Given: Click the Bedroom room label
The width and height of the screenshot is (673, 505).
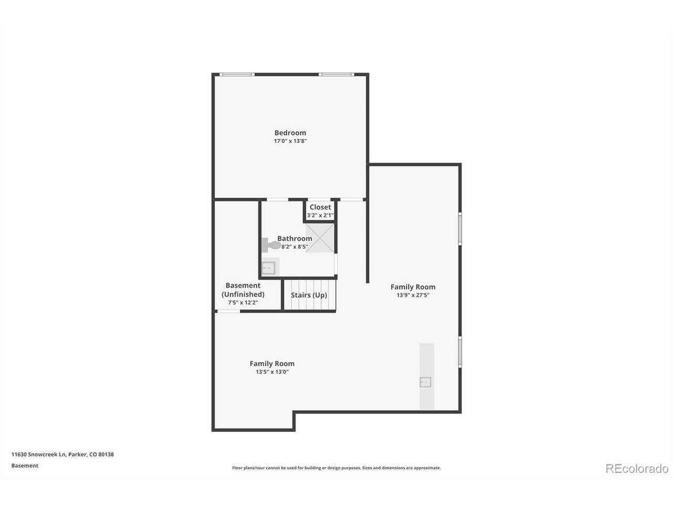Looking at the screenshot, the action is [290, 133].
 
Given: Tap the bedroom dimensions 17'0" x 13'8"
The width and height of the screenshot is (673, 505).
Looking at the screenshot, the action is [290, 141].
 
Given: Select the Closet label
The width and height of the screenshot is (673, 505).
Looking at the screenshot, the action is [320, 207].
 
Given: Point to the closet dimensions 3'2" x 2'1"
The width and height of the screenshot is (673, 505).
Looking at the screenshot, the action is [320, 215].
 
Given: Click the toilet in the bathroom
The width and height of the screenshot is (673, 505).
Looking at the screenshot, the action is [271, 245].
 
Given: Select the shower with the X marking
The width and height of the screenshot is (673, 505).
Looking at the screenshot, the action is [320, 238].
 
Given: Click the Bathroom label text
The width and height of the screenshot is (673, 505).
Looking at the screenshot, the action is [294, 238].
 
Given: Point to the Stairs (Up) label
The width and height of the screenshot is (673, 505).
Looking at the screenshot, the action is [309, 295].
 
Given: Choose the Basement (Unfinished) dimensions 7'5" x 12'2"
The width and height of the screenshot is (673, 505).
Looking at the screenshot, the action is [243, 302].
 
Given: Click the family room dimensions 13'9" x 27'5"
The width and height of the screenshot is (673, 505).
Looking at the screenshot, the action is [413, 295].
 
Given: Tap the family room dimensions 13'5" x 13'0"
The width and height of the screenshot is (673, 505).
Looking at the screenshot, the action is [272, 371].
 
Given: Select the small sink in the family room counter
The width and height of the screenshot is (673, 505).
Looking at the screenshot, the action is [425, 382].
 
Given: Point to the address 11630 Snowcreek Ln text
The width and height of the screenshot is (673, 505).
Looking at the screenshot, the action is [38, 454].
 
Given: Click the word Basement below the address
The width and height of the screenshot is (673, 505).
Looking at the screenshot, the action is [25, 466].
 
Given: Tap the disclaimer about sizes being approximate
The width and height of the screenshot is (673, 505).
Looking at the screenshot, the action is [336, 468].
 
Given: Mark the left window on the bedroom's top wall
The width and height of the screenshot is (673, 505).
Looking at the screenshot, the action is [237, 75].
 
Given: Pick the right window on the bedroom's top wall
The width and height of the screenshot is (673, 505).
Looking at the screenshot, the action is [336, 75].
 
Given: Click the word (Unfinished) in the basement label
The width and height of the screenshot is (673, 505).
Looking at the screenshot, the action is [243, 295].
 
